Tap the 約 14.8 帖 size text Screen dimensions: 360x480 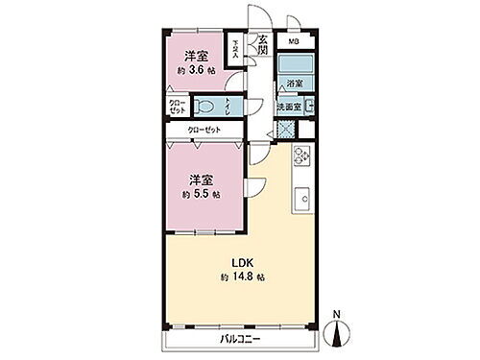(x=241, y=276)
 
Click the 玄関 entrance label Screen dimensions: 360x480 (x=262, y=44)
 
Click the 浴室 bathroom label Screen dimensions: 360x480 (x=294, y=84)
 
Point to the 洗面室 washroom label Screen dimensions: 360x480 (x=291, y=106)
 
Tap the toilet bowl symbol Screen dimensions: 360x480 (x=205, y=107)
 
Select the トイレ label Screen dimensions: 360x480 (x=228, y=108)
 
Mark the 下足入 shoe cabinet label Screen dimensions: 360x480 (x=238, y=46)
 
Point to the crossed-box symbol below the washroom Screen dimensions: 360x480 (x=285, y=129)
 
